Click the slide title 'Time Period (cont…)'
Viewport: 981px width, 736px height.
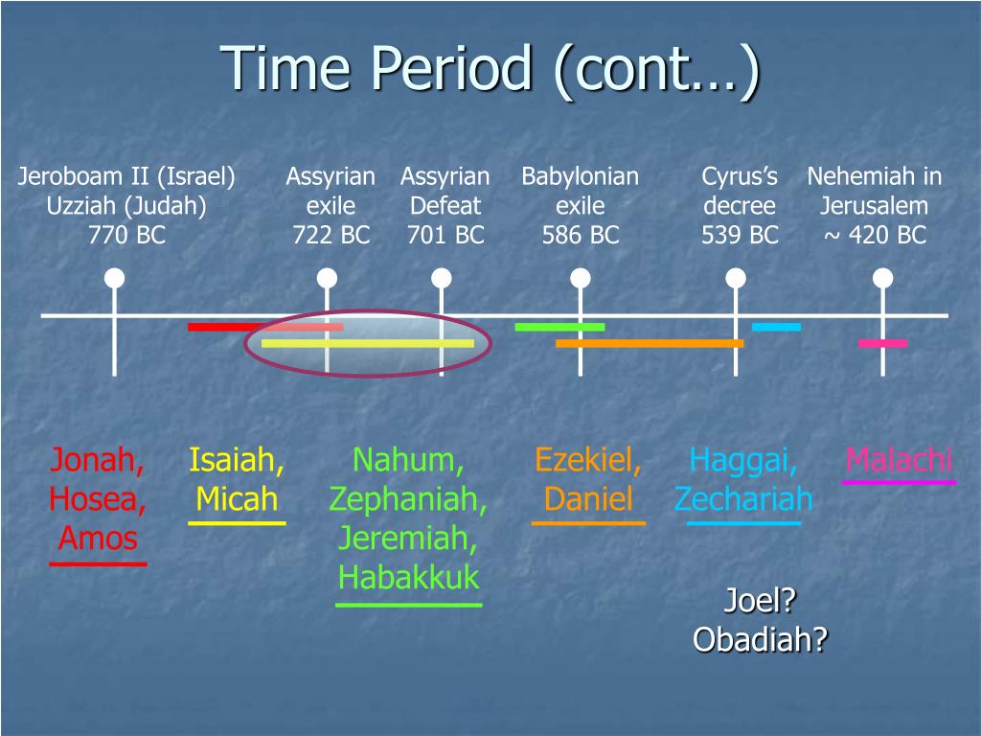tap(490, 69)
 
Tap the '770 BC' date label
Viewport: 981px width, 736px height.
tap(127, 236)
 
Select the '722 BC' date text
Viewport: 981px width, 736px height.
tap(331, 236)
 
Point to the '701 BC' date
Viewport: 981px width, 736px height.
tap(445, 236)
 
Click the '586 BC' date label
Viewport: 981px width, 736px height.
tap(581, 236)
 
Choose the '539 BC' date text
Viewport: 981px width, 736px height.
tap(740, 236)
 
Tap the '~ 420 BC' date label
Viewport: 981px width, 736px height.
tap(875, 236)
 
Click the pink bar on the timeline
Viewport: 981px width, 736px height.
tap(882, 343)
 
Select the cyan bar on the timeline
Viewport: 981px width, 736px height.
tap(776, 327)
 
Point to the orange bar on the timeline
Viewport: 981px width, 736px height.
tap(650, 343)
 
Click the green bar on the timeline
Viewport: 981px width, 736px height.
tap(559, 327)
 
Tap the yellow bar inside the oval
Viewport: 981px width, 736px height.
tap(368, 343)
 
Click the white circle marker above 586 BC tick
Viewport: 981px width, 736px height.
tap(581, 278)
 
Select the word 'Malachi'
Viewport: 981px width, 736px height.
tap(899, 460)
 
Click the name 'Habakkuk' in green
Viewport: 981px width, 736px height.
tap(408, 577)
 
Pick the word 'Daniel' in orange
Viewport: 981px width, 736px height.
tap(588, 498)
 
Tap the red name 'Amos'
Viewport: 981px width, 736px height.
tap(98, 539)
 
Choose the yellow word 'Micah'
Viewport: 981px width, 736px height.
tap(237, 498)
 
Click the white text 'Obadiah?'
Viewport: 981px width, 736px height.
tap(760, 639)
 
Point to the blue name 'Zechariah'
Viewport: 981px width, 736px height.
tap(743, 498)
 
